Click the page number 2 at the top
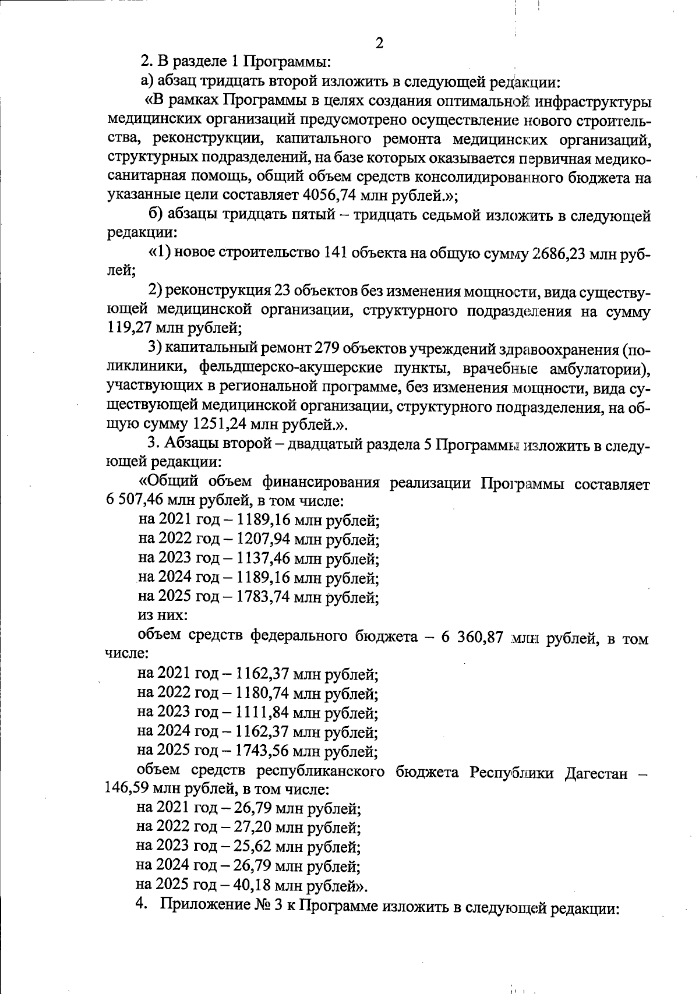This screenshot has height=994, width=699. (x=379, y=43)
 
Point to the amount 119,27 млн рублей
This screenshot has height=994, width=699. (x=129, y=328)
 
